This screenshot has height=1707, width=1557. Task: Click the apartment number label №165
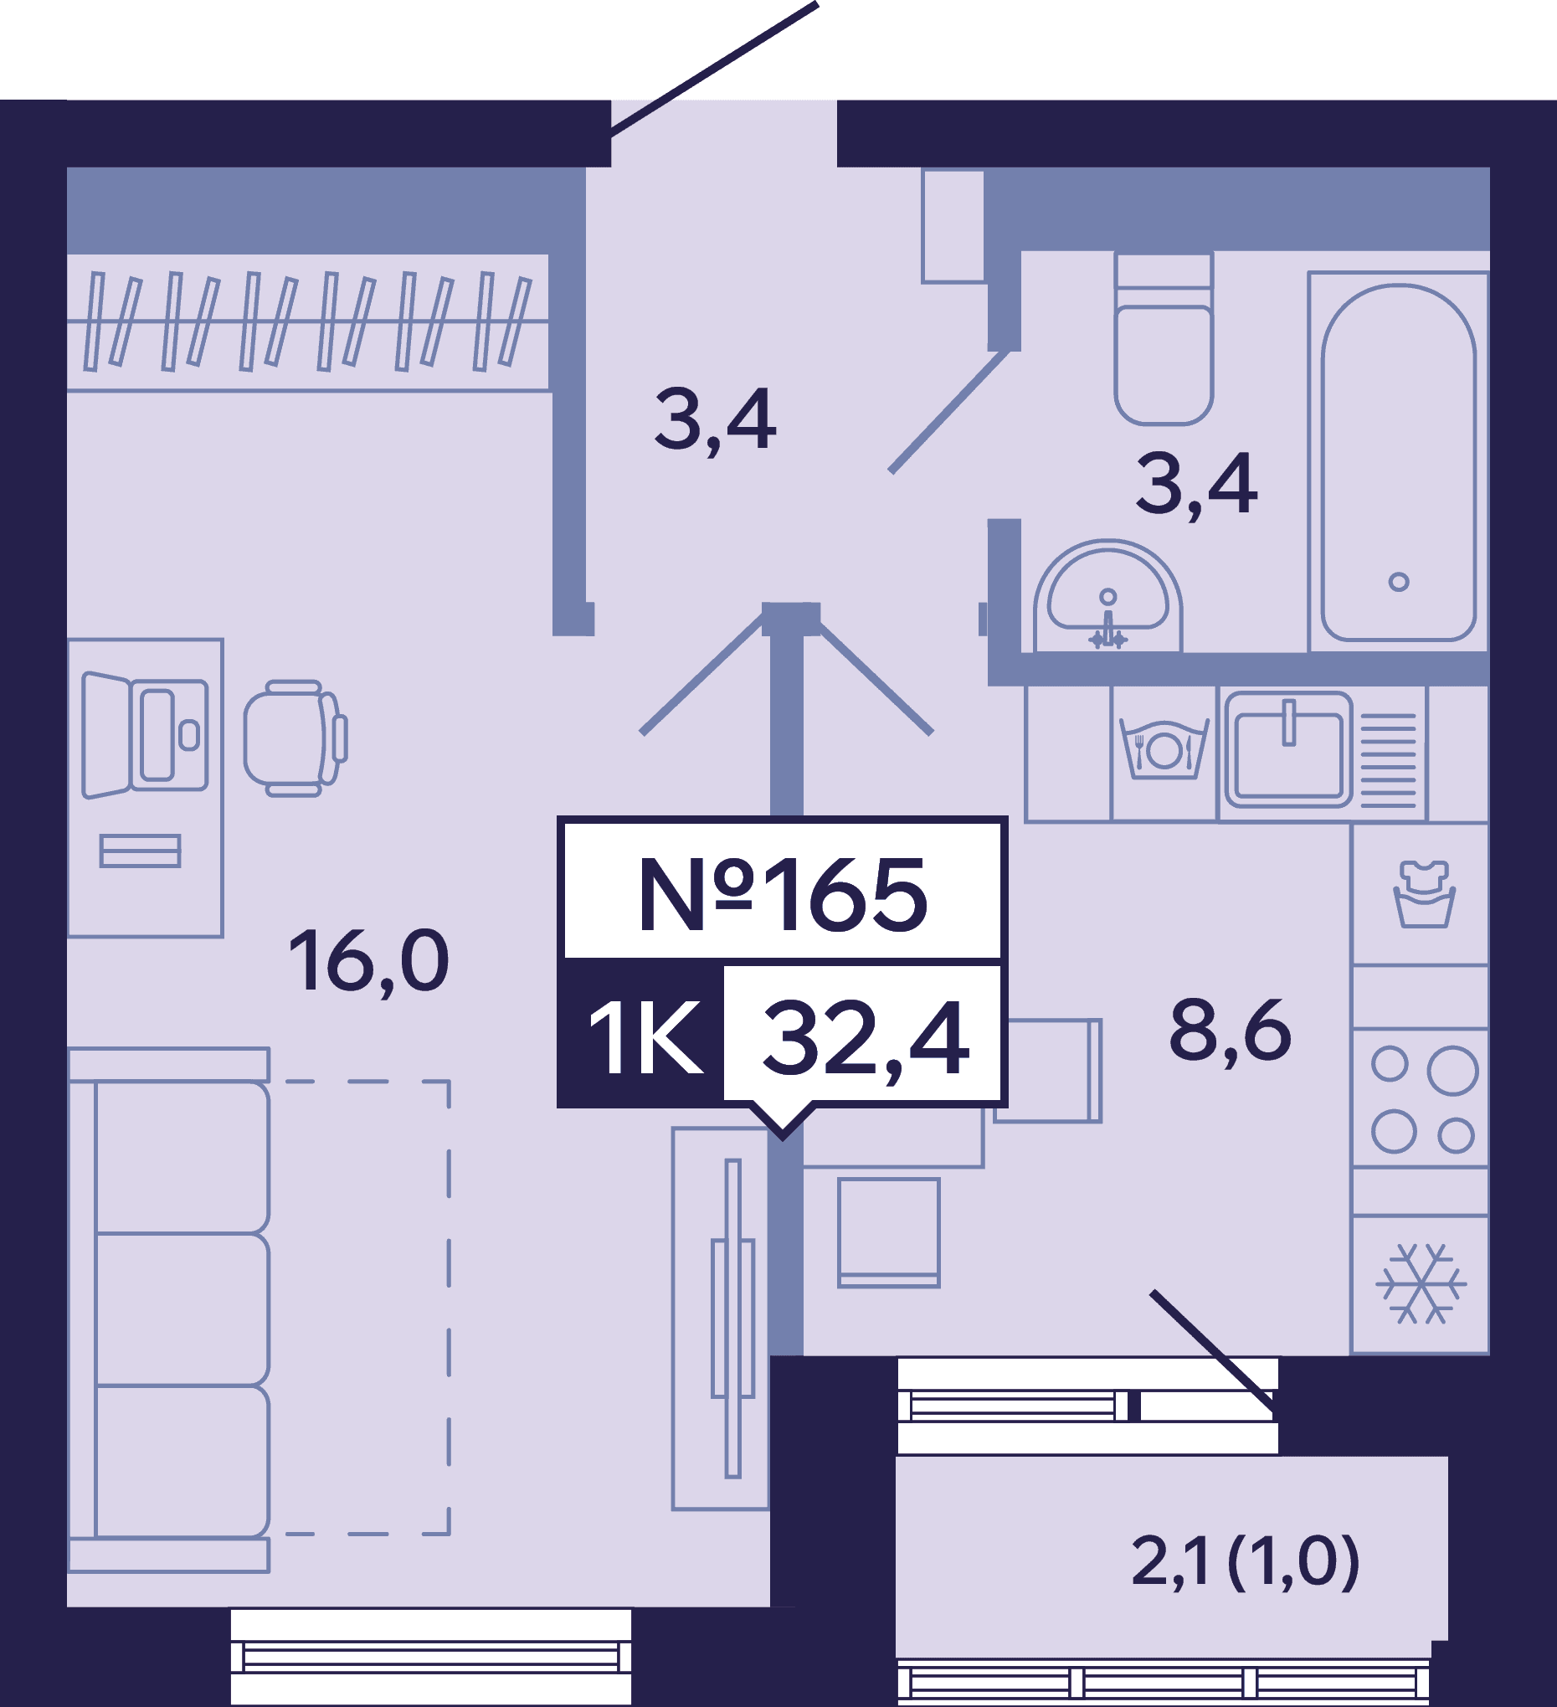(783, 894)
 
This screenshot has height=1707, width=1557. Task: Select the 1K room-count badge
(645, 1038)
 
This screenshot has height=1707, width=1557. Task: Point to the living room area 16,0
(368, 961)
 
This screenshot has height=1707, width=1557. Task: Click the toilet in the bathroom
(1164, 339)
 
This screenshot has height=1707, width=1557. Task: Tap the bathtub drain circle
(1399, 582)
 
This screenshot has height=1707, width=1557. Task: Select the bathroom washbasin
(1107, 596)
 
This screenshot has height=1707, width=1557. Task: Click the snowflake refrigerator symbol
(1421, 1283)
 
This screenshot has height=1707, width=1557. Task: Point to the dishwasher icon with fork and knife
(1164, 749)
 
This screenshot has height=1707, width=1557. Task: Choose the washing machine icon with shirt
(1424, 895)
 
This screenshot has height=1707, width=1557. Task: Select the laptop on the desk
(145, 735)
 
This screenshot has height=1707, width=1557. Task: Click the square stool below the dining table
(889, 1233)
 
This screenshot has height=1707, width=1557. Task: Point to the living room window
(431, 1657)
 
